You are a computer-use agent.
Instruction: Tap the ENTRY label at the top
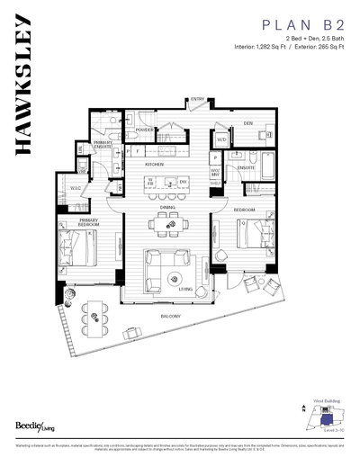click(x=197, y=100)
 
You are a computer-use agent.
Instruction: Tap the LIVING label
click(x=186, y=289)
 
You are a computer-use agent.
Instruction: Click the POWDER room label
click(x=143, y=129)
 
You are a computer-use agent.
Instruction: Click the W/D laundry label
click(x=220, y=139)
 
